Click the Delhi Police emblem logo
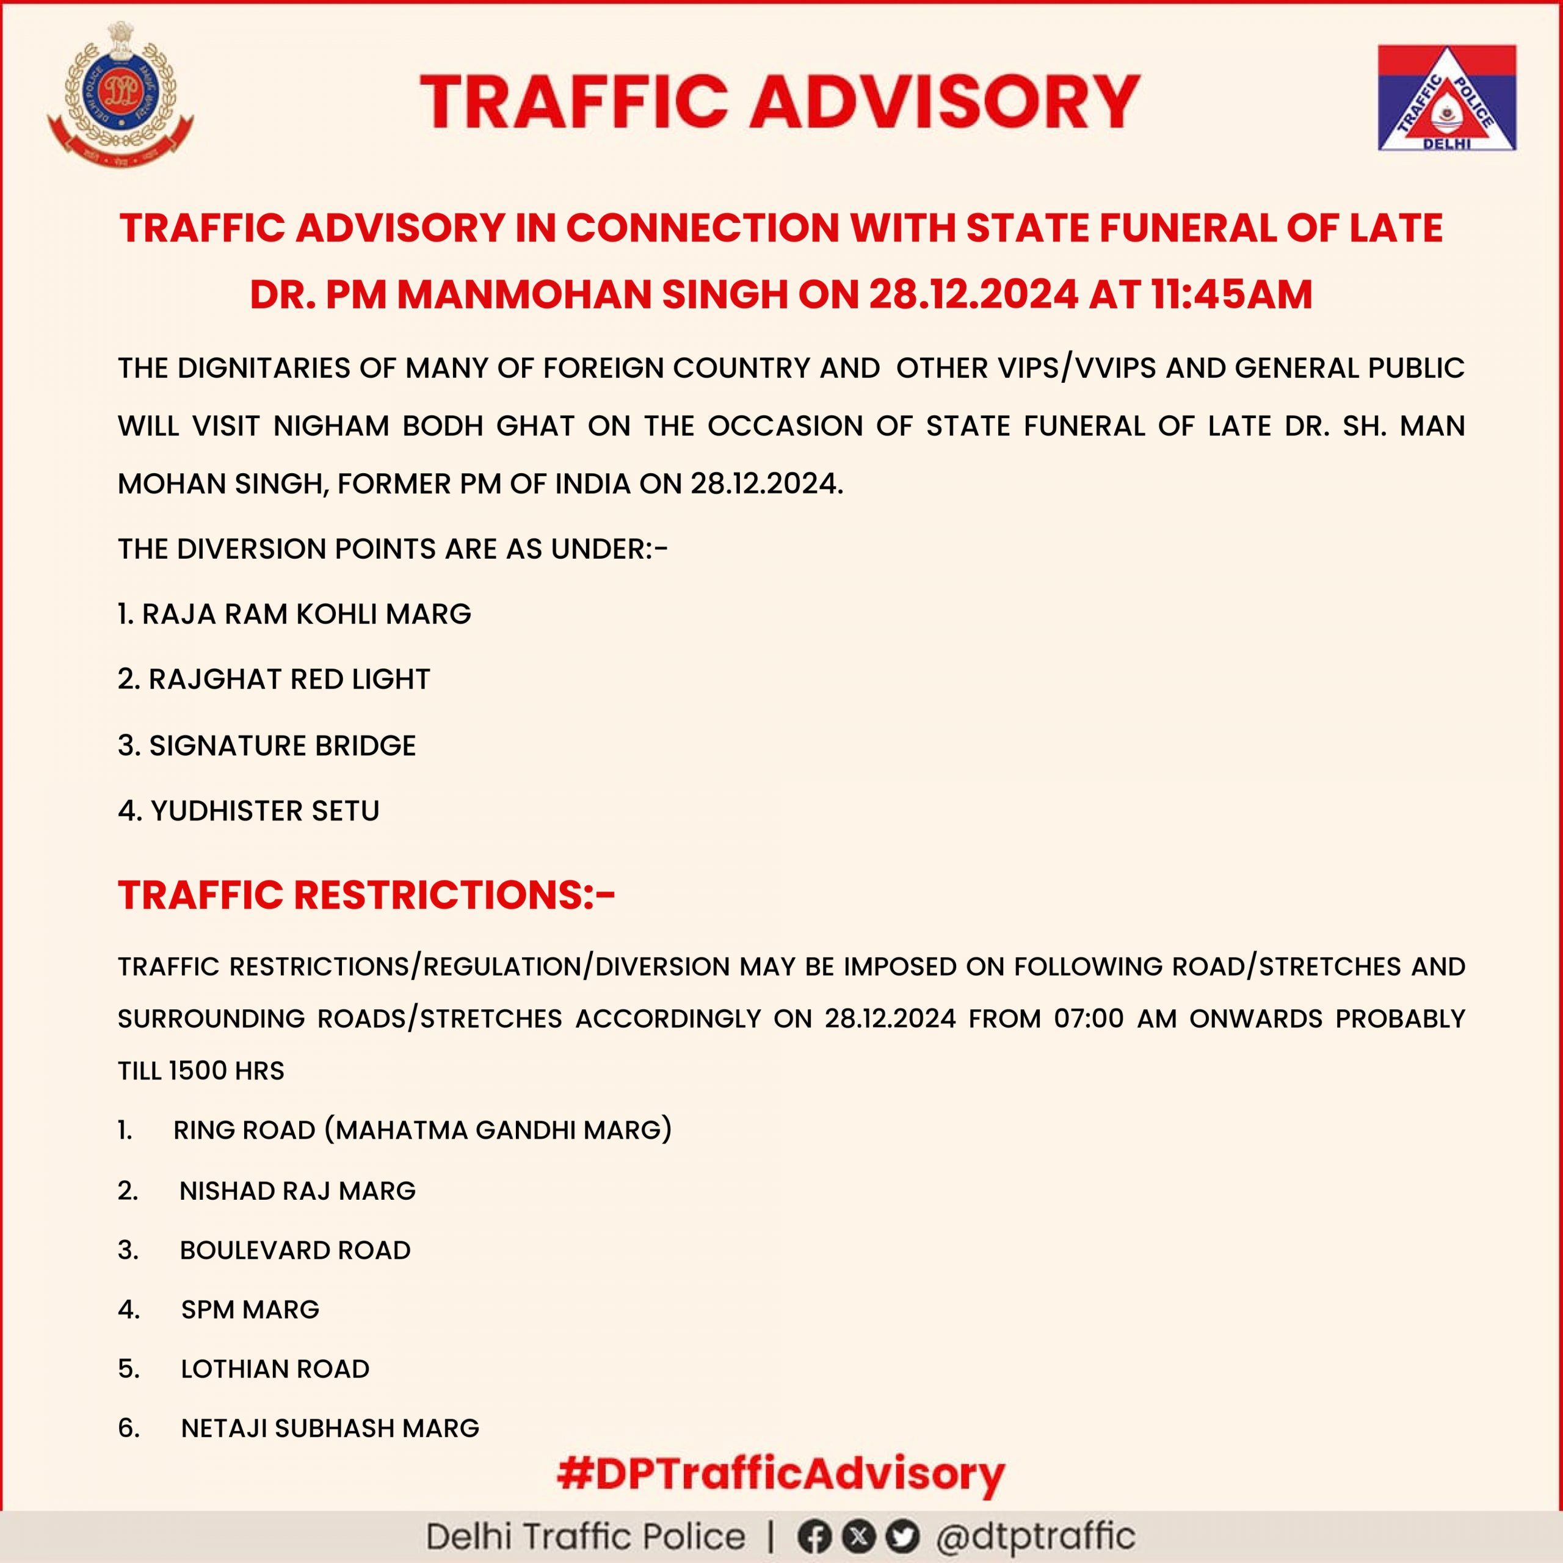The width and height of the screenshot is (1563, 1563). point(120,95)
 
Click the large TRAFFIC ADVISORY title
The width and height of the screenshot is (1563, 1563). point(780,101)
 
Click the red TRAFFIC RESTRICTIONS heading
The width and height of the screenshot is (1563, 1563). point(366,895)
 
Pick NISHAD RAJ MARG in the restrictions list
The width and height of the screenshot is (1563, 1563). point(297,1191)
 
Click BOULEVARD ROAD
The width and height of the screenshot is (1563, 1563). point(294,1250)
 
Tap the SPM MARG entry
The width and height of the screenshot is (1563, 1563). point(250,1309)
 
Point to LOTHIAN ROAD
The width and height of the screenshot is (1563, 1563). point(275,1369)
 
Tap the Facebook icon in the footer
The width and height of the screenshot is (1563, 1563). point(813,1536)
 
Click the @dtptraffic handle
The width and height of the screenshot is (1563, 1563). point(1035,1536)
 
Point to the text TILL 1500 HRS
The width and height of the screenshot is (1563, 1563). point(201,1071)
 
